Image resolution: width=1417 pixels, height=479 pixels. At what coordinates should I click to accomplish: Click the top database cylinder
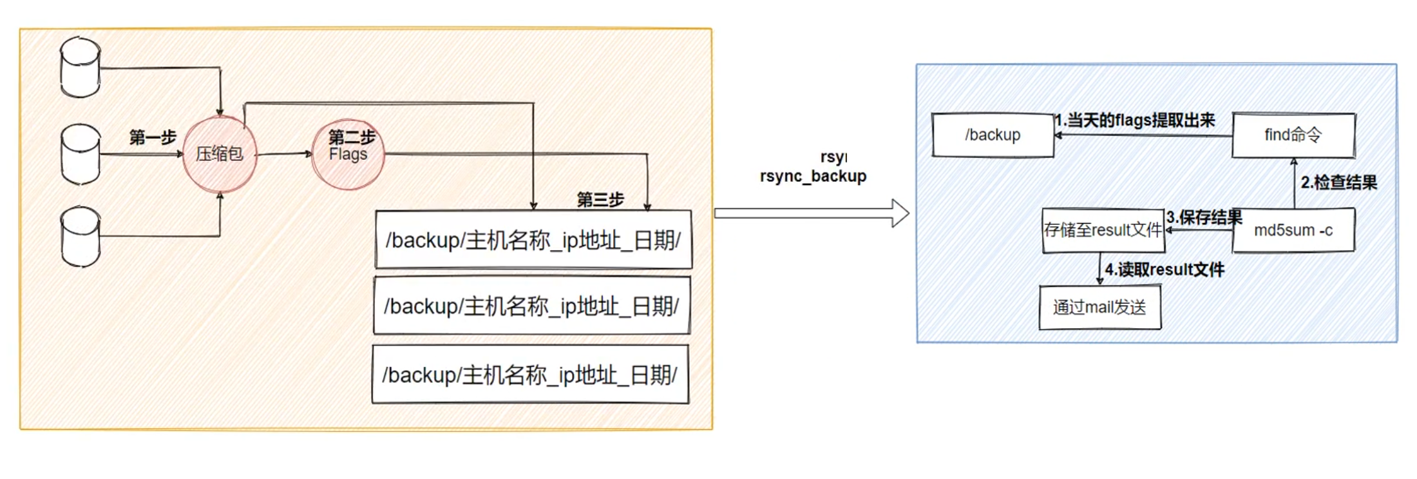pos(81,68)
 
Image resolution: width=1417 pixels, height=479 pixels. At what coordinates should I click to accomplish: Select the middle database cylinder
pos(81,155)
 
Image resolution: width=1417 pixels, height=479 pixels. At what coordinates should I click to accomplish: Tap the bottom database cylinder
pos(81,237)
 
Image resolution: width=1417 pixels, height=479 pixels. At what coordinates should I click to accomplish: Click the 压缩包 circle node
pos(220,154)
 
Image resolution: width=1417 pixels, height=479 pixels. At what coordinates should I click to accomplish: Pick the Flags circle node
pos(348,154)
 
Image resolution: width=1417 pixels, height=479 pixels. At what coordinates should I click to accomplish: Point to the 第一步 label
pos(153,137)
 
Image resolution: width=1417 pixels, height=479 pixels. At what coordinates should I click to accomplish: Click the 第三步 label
pos(600,200)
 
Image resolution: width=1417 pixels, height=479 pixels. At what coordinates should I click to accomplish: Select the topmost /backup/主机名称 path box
pos(533,240)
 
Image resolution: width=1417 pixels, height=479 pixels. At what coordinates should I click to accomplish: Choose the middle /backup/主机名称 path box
pos(532,306)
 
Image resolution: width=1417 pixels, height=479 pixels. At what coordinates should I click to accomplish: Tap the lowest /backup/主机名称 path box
pos(530,375)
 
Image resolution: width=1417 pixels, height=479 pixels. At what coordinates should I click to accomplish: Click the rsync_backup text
pos(813,176)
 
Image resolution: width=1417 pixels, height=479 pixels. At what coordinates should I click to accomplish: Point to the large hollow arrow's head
pos(900,213)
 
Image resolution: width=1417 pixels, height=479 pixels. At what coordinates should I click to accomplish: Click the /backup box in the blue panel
pos(993,135)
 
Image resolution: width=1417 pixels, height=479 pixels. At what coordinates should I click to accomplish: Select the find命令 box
pos(1293,135)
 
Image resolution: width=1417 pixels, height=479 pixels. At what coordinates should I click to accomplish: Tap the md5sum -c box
pos(1293,230)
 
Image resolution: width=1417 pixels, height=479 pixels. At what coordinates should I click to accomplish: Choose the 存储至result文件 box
pos(1103,230)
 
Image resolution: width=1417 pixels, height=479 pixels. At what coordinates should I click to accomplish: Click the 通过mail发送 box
pos(1099,308)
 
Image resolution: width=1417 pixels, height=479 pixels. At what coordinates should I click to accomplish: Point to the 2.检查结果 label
pos(1339,182)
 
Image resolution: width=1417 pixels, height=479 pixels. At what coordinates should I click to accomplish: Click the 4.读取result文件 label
pos(1165,269)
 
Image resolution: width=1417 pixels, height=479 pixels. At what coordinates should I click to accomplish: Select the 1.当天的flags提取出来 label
pos(1135,121)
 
